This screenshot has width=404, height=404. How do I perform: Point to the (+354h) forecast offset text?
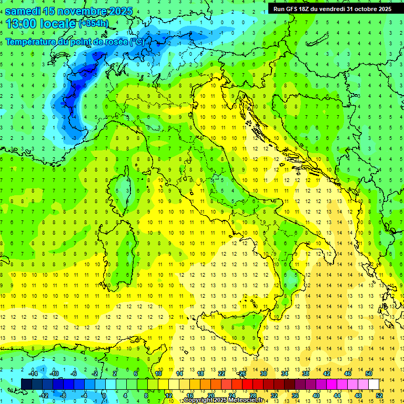pos(94,24)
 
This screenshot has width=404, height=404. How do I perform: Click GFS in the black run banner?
pos(296,9)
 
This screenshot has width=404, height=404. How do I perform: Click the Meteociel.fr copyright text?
pos(224,400)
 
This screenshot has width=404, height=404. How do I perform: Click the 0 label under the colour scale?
pos(104,396)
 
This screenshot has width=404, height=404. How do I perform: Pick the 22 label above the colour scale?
pos(221,373)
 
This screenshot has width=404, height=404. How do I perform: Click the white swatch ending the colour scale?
pos(373,384)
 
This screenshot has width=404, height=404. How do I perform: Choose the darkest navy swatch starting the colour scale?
pos(26,384)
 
